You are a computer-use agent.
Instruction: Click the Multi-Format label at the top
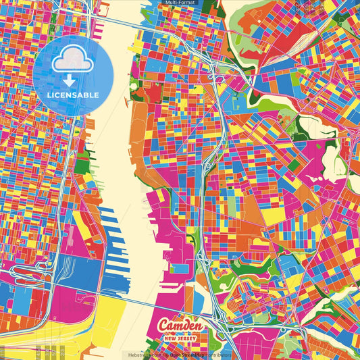click(x=180, y=3)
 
